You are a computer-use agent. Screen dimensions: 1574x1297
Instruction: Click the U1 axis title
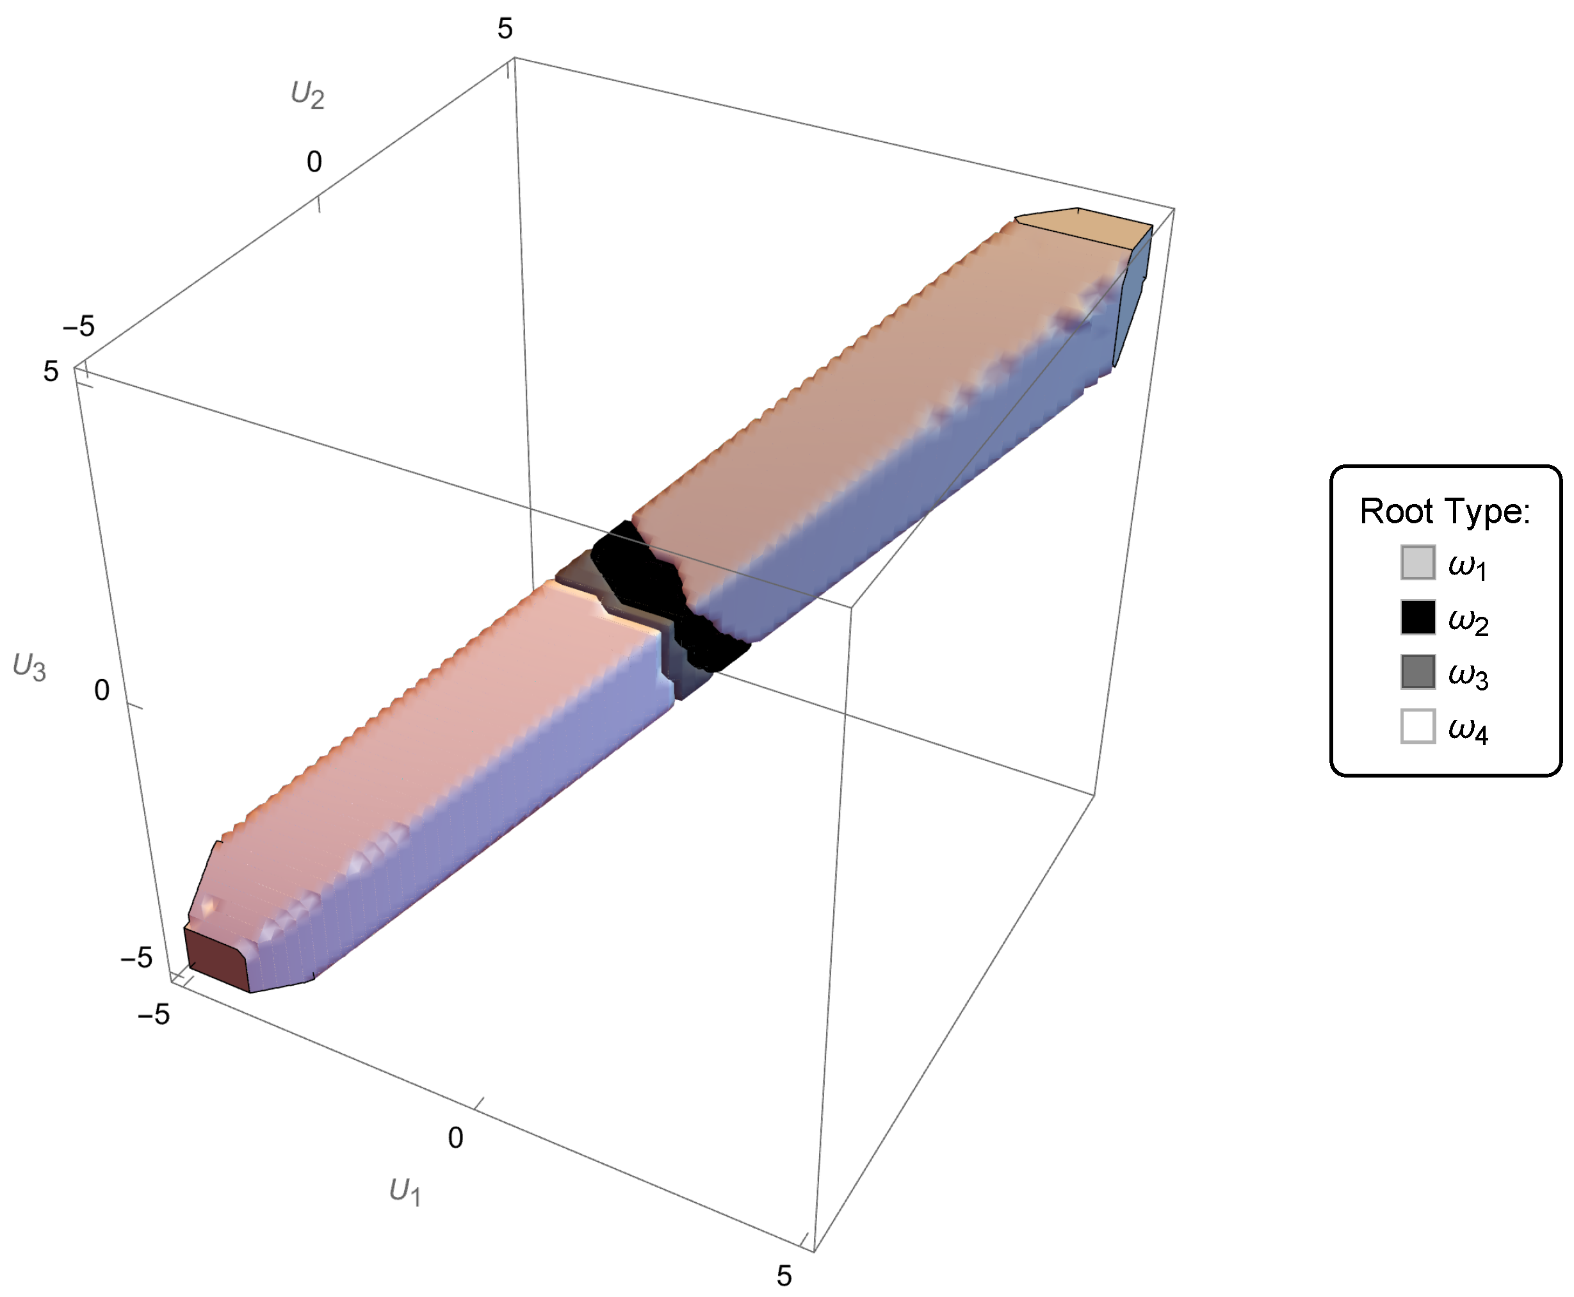(x=405, y=1192)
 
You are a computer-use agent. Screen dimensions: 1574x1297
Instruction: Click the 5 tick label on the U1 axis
(x=784, y=1275)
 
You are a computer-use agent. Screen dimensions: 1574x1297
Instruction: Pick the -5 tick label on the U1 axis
(x=154, y=1014)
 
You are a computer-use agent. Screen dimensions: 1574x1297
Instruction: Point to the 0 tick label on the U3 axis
(x=102, y=690)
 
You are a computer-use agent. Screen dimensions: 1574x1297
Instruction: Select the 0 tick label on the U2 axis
(x=314, y=161)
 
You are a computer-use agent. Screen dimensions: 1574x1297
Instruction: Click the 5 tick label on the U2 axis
(x=505, y=29)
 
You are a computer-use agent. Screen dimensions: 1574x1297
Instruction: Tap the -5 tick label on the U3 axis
(x=136, y=957)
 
